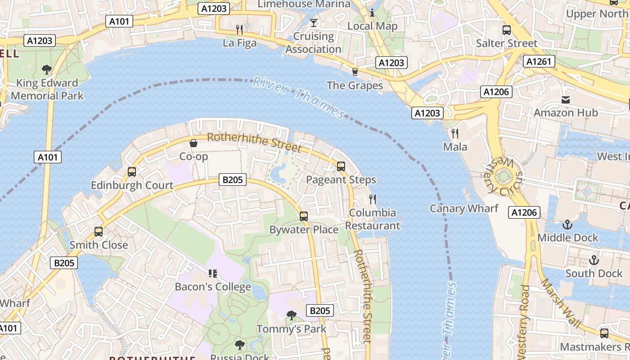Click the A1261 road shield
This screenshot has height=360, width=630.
click(x=539, y=61)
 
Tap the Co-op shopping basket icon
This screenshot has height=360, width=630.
click(x=193, y=143)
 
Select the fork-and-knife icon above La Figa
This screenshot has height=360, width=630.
click(x=240, y=30)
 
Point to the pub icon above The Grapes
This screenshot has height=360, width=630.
click(x=355, y=72)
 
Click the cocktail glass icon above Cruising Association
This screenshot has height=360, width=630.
click(x=314, y=22)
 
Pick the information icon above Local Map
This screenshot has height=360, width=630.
click(x=372, y=13)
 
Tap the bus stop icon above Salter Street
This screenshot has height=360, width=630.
click(x=507, y=30)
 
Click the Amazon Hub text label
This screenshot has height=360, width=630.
click(x=566, y=112)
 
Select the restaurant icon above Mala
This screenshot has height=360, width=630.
click(x=455, y=133)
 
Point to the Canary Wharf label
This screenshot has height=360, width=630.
click(x=464, y=208)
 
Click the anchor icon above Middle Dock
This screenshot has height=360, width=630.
click(x=567, y=224)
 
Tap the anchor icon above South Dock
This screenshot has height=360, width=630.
click(x=594, y=260)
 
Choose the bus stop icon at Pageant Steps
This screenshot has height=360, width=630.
click(x=341, y=166)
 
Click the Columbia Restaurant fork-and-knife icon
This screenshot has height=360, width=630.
click(x=373, y=199)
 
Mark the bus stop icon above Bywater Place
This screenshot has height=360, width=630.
click(x=304, y=216)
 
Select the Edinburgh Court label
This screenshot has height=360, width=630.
click(x=132, y=185)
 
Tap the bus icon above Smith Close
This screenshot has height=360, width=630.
click(x=99, y=232)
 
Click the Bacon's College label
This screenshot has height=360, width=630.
click(x=213, y=287)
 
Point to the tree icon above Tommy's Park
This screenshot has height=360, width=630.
click(x=292, y=315)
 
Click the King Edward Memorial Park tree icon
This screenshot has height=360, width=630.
click(x=46, y=69)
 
